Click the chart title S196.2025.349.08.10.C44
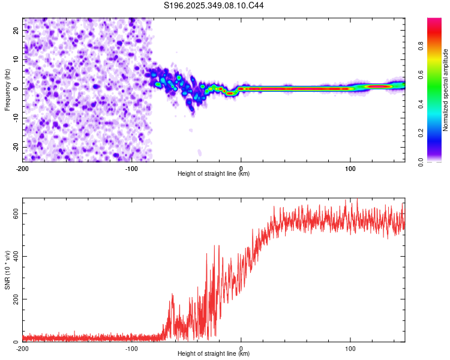pos(214,5)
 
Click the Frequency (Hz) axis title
pos(7,89)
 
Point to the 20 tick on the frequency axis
pos(16,30)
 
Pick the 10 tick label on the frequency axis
pos(16,59)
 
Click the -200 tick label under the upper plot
pos(23,168)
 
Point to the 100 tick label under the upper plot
pos(350,168)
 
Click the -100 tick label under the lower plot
pos(131,348)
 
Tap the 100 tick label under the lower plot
pos(350,348)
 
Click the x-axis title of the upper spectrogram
pos(214,174)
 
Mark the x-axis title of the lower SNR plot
pos(214,354)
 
